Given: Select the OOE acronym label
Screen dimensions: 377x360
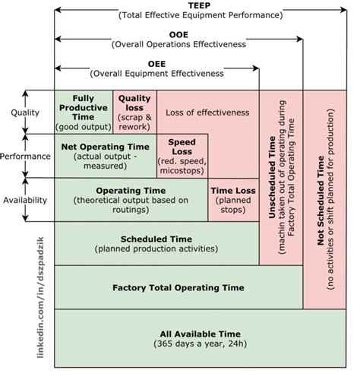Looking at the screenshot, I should (178, 34).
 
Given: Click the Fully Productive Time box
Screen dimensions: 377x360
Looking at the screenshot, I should (83, 112).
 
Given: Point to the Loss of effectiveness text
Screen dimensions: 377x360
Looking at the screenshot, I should (207, 112).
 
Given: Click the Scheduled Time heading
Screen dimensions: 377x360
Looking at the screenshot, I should (156, 238).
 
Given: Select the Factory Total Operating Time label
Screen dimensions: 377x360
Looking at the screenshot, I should (178, 287).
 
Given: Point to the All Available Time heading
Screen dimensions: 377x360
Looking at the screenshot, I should (200, 334).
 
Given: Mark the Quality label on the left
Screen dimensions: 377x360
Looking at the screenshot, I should (25, 112).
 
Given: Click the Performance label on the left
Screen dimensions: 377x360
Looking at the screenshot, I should (25, 157).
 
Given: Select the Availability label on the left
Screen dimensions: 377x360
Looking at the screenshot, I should (25, 200).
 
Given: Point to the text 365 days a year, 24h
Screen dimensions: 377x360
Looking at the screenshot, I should (200, 345).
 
